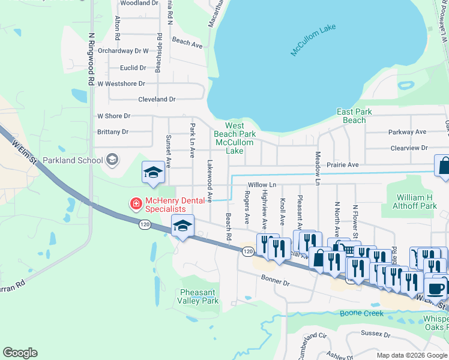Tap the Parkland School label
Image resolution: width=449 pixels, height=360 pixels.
pyautogui.click(x=79, y=160)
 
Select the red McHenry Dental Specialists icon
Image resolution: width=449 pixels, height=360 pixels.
pyautogui.click(x=136, y=204)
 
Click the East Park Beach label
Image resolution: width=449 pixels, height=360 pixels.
pyautogui.click(x=354, y=116)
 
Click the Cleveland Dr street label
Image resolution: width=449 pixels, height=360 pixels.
pyautogui.click(x=157, y=100)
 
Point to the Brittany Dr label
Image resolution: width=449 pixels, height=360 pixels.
pyautogui.click(x=113, y=131)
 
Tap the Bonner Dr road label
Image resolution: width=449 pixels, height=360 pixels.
pyautogui.click(x=275, y=280)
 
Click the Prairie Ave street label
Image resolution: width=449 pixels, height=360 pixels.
pyautogui.click(x=343, y=164)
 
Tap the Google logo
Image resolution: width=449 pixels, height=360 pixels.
pyautogui.click(x=20, y=353)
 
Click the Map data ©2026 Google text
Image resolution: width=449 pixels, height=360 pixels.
pyautogui.click(x=411, y=355)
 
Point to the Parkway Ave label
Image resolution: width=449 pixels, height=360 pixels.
pyautogui.click(x=406, y=132)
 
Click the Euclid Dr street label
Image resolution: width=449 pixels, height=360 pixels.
pyautogui.click(x=133, y=68)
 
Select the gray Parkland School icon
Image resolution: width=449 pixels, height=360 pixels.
pyautogui.click(x=112, y=160)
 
